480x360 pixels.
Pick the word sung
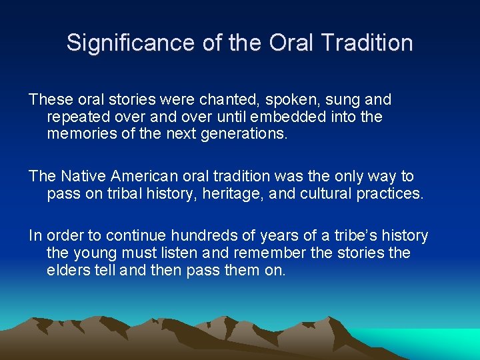pyautogui.click(x=345, y=100)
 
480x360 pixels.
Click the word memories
pyautogui.click(x=80, y=133)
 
